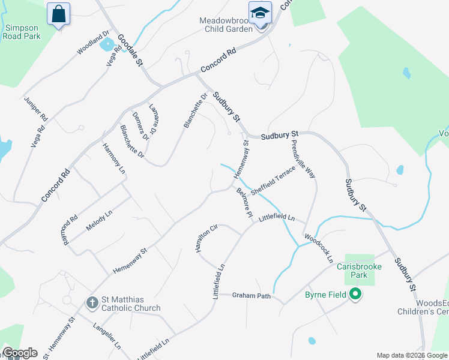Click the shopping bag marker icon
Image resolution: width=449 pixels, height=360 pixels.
pos(58,13)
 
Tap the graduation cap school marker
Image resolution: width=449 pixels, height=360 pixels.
pos(260,13)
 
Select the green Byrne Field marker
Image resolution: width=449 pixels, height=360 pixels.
pos(355,294)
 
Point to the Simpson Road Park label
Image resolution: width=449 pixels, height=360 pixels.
pos(22,32)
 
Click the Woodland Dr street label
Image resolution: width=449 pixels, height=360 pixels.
pos(93,44)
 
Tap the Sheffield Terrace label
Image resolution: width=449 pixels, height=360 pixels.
pos(273,180)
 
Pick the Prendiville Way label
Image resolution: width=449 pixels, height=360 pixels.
pos(303,159)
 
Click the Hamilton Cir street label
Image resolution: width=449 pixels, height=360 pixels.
pos(205,239)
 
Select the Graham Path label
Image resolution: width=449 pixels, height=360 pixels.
pos(252,296)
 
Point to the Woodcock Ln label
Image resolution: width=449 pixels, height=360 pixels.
pos(318,249)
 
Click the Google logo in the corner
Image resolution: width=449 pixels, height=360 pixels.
pos(20,353)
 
